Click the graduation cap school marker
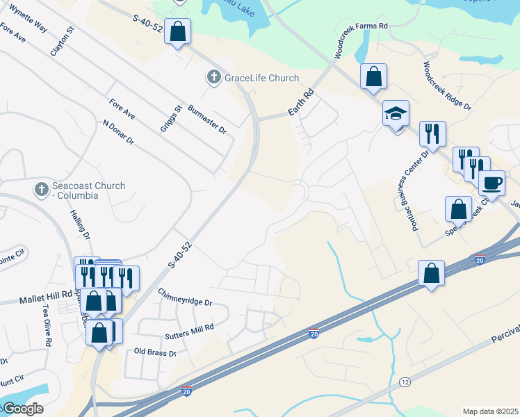[x=396, y=113]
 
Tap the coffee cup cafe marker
[x=491, y=183]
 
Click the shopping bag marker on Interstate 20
[x=432, y=273]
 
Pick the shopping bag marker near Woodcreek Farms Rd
[x=373, y=76]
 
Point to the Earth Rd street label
[x=301, y=104]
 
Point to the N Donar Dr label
[x=117, y=132]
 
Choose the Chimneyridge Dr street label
[x=184, y=297]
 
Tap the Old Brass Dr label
[x=155, y=352]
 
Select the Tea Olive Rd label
[x=47, y=327]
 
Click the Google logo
[x=23, y=408]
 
